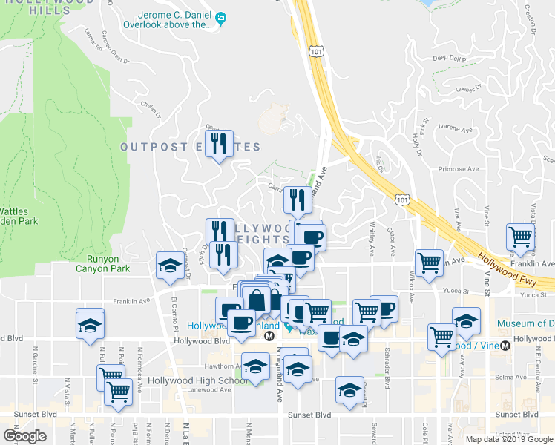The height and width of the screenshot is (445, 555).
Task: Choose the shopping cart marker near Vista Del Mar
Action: (x=521, y=237)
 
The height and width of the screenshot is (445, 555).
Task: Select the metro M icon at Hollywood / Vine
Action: (x=505, y=345)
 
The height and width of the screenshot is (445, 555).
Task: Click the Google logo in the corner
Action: (x=24, y=435)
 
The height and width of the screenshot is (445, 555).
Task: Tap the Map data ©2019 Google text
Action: (x=509, y=439)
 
